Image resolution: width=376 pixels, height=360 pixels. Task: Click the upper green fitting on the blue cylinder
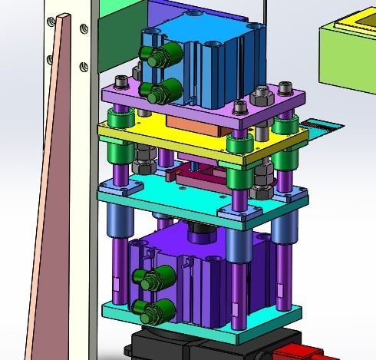pos(156,55)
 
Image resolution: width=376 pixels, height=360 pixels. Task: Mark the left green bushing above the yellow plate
pos(119,120)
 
